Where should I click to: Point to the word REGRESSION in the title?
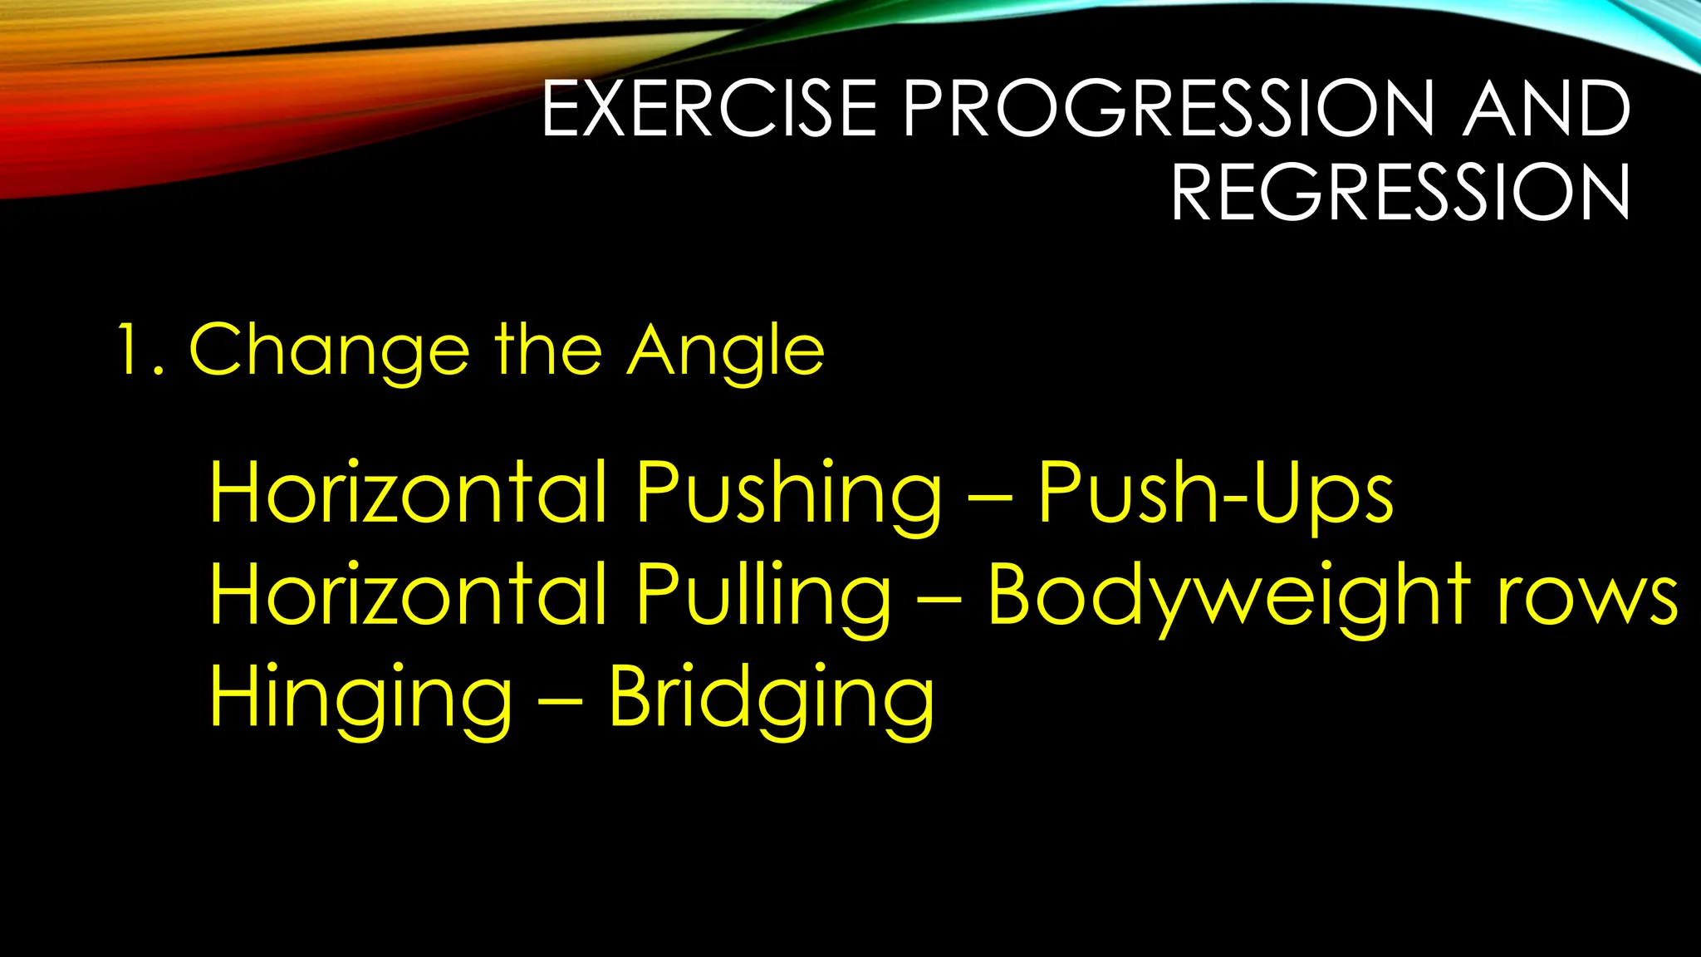point(1400,193)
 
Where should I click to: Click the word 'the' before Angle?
point(548,351)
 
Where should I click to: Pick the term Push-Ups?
point(1216,494)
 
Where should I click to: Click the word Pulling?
point(763,596)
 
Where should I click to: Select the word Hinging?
point(361,699)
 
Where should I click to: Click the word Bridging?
point(772,699)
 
